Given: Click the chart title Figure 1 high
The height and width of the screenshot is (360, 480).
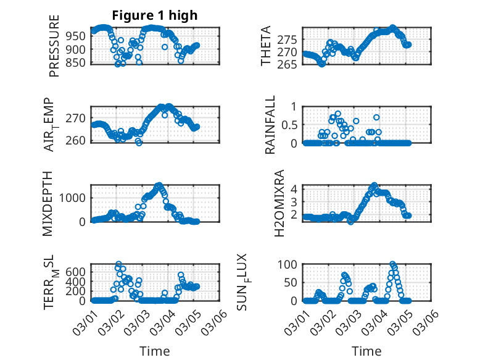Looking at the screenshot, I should (154, 15).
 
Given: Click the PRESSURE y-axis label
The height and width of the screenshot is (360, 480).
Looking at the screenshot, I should (54, 46).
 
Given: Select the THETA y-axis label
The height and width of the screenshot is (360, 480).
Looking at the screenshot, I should (266, 46).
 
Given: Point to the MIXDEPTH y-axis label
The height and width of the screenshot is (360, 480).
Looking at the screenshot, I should (48, 203).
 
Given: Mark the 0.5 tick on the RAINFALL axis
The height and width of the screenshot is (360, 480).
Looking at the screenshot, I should (289, 125).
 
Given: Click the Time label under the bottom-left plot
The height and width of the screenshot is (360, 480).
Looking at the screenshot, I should (154, 351).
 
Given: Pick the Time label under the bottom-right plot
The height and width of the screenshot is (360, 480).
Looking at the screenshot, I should (366, 351).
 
